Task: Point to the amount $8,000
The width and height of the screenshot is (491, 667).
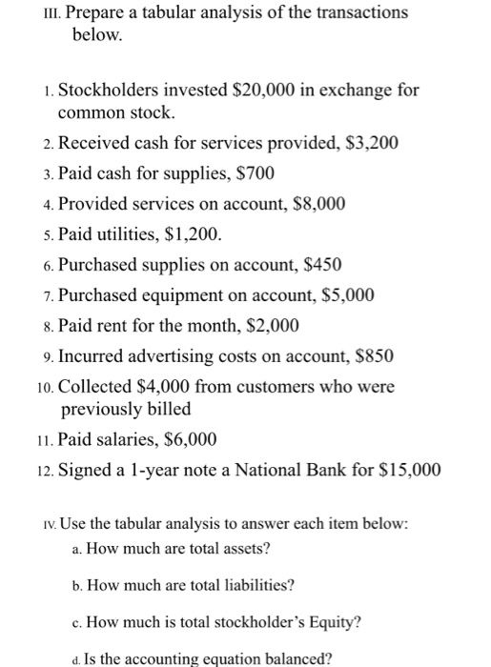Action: pos(319,204)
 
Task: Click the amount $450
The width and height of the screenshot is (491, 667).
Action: pos(319,264)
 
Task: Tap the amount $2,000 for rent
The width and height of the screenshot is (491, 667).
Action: pos(274,325)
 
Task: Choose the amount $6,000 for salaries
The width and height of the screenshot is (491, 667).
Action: pos(191,439)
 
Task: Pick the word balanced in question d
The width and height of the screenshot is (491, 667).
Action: pos(270,657)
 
